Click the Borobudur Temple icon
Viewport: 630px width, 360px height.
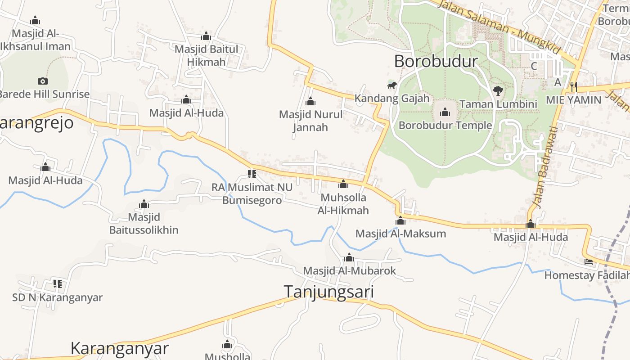coord(445,112)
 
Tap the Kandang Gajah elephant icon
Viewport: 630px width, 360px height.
coord(392,85)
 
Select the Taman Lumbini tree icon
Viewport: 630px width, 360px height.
coord(498,91)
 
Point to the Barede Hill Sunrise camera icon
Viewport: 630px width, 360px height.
coord(43,81)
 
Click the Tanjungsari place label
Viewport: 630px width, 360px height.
coord(328,292)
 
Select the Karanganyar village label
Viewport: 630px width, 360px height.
coord(120,348)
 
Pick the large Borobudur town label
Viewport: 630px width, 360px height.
coord(436,61)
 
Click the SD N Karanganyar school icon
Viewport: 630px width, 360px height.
coord(57,283)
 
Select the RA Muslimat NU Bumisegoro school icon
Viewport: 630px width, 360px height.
coord(252,174)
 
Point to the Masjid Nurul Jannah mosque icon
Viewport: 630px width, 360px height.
coord(310,101)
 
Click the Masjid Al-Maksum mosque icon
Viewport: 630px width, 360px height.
coord(400,220)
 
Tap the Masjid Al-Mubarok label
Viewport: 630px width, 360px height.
coord(349,270)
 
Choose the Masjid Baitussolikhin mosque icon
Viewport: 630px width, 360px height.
coord(144,204)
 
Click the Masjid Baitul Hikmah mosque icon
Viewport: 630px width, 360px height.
coord(206,36)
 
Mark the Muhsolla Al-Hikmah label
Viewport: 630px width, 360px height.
coord(343,204)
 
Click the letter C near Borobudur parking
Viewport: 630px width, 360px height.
coord(534,66)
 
